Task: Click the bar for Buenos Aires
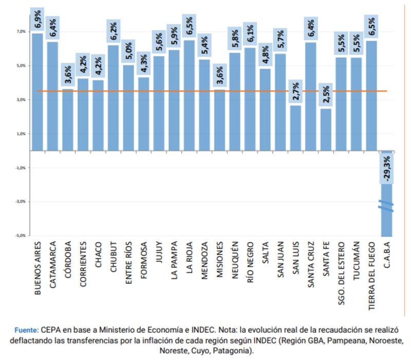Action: [x=38, y=93]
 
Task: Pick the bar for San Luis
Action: [x=295, y=128]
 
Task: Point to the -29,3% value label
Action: [x=386, y=168]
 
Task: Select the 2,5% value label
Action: [x=326, y=96]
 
